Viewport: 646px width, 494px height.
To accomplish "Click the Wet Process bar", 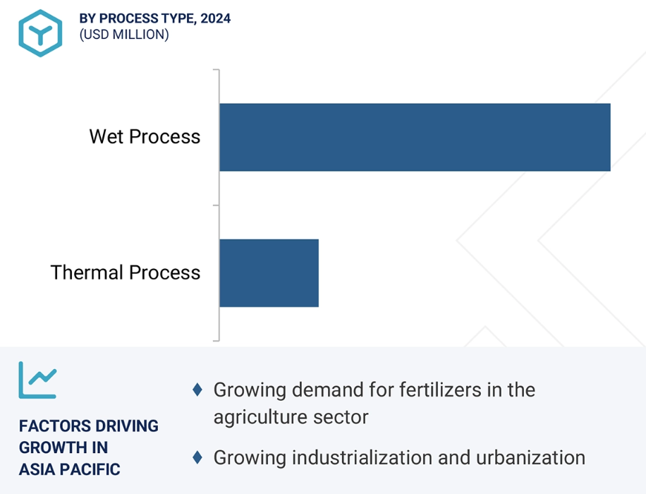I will (415, 137).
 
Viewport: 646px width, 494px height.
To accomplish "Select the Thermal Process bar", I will (269, 272).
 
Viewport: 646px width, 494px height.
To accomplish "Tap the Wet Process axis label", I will (145, 136).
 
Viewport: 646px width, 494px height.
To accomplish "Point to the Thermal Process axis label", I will (126, 272).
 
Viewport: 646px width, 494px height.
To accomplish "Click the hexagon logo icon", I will (40, 33).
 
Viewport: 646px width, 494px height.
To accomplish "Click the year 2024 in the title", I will (215, 18).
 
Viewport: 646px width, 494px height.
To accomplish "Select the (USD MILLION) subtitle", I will (124, 35).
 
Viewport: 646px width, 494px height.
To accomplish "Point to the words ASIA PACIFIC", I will (70, 469).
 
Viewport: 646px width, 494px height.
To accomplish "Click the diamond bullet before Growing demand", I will (198, 390).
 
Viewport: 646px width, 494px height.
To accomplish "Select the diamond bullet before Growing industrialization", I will (198, 457).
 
